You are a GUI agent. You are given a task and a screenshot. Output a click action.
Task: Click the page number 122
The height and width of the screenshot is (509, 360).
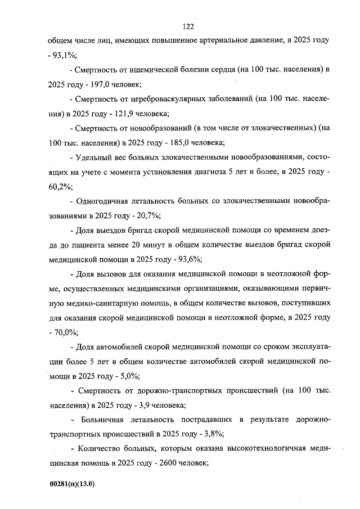(x=188, y=27)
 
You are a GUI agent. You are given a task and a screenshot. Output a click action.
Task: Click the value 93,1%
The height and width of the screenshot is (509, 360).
(x=66, y=55)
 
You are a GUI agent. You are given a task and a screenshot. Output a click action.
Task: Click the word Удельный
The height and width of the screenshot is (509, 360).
(x=93, y=157)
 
